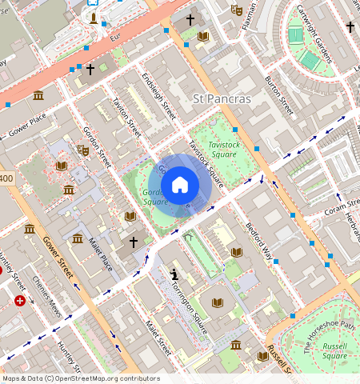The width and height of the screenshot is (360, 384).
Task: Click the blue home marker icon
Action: [180, 185]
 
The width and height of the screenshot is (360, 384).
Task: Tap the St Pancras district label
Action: [222, 99]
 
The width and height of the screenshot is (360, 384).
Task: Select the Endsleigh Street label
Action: [158, 97]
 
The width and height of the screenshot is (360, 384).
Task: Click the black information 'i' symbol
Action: [174, 274]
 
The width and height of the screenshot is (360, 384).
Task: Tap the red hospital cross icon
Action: [20, 301]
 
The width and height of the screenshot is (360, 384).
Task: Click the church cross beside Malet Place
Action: [134, 241]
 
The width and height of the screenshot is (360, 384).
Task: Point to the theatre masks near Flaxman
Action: [236, 10]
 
